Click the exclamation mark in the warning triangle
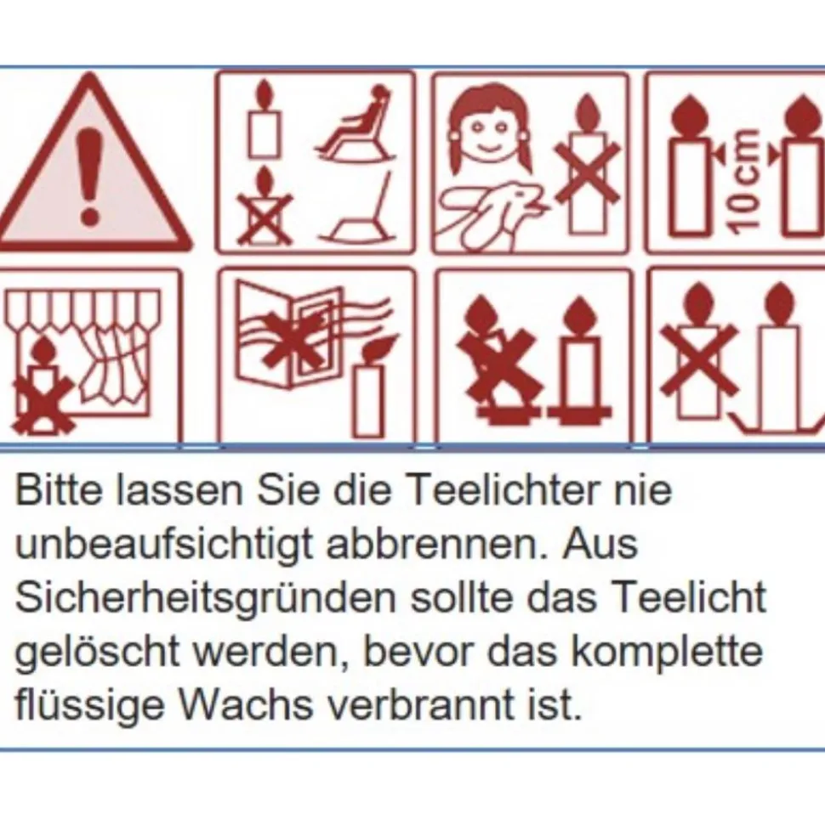(x=89, y=177)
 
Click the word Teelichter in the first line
(x=503, y=489)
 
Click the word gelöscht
(x=97, y=653)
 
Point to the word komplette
(x=667, y=653)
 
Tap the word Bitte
(x=59, y=489)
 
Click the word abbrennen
(x=437, y=544)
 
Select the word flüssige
(x=89, y=706)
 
